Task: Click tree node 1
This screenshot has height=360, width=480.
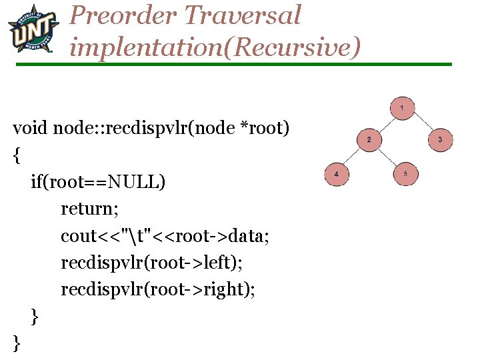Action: (403, 107)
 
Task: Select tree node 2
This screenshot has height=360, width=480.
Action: (369, 139)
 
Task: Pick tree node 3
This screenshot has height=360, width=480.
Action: (439, 139)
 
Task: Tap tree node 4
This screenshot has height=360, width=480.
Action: (336, 174)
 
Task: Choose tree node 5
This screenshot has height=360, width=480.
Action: (405, 174)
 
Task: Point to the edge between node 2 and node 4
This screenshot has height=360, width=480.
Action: (353, 157)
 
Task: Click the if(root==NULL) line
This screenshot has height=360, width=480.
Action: (98, 181)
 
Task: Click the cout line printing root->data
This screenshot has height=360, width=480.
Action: (165, 236)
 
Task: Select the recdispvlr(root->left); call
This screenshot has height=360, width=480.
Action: (151, 263)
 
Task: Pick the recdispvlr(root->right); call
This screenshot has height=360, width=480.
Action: (158, 290)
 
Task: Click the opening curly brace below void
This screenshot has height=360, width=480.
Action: (17, 155)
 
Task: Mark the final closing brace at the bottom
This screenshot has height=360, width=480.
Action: (17, 343)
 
